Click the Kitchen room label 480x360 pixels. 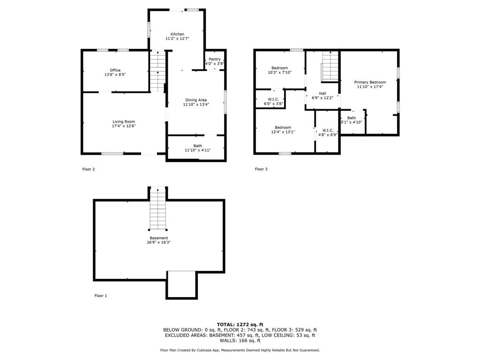(x=177, y=34)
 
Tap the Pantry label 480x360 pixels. (x=215, y=59)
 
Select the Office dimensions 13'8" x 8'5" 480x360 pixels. (x=115, y=75)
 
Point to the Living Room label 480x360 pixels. (x=124, y=121)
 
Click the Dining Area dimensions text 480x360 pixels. (x=196, y=105)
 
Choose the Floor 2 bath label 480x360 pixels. (x=198, y=146)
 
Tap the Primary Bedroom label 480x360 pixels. (x=370, y=82)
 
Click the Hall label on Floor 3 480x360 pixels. (x=322, y=93)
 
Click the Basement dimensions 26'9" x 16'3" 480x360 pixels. (x=158, y=242)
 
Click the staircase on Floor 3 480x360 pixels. (x=330, y=66)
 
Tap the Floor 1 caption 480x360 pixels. (x=101, y=296)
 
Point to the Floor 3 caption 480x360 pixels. (x=261, y=169)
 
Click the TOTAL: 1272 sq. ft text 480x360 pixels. (x=240, y=324)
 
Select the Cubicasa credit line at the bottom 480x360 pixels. (x=240, y=350)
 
